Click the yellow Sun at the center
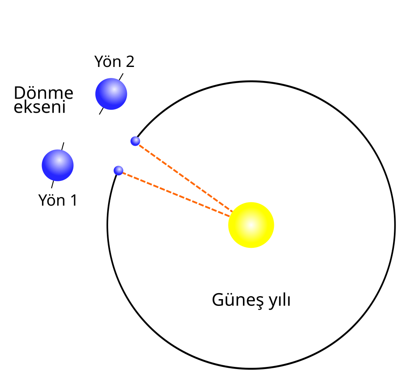coord(251,225)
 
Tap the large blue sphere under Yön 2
coord(111,94)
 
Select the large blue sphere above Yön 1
coord(58,165)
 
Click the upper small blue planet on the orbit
coord(135,141)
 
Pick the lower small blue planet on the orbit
coord(118,170)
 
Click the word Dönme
coord(44,93)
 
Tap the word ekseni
coord(39,107)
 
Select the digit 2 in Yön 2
coord(130,62)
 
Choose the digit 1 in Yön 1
coord(74,200)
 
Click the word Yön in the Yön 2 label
coord(108,62)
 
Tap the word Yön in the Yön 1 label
coord(52,200)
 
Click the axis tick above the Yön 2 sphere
coord(121,77)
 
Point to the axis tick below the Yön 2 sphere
coord(101,111)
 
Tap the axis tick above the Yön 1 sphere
coord(63,146)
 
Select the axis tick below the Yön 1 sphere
coord(53,184)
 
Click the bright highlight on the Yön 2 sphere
coord(114,90)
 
